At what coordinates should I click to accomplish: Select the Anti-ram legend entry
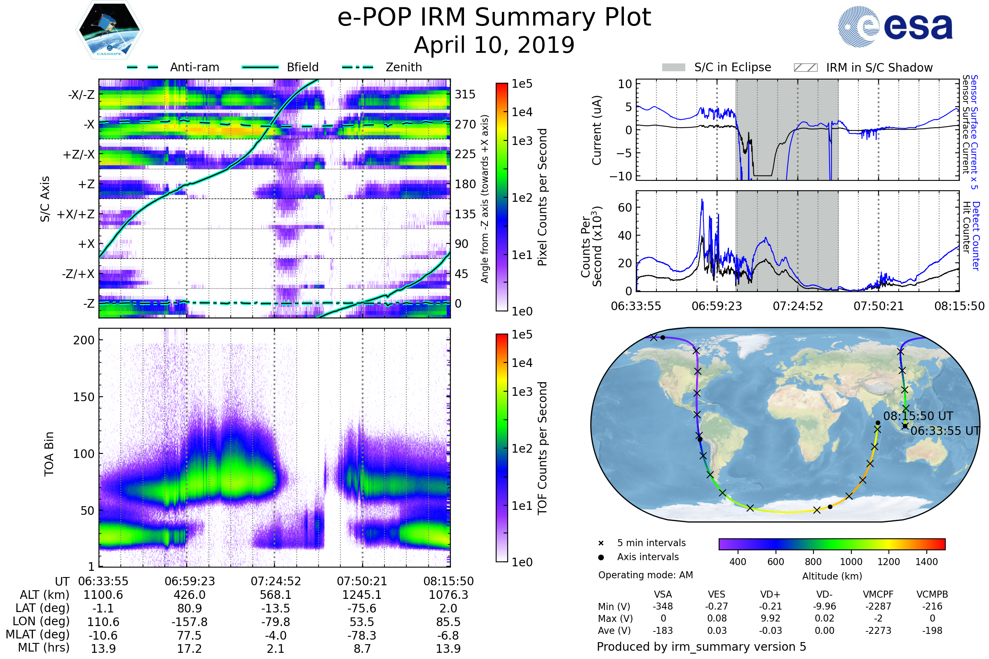[x=194, y=67]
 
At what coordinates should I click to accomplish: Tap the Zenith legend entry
[x=403, y=67]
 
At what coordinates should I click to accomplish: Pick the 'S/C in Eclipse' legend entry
[x=732, y=67]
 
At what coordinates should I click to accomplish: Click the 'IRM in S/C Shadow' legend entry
[x=879, y=68]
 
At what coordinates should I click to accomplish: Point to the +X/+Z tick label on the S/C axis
[x=76, y=214]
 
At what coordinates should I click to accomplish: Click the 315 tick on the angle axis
[x=465, y=94]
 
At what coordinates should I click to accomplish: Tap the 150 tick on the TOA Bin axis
[x=84, y=397]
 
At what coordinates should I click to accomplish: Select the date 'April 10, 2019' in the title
[x=494, y=45]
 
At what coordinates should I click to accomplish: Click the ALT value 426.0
[x=189, y=595]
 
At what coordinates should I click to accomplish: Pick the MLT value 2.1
[x=275, y=648]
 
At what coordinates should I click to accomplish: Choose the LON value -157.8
[x=189, y=622]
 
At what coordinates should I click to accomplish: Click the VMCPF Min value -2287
[x=878, y=606]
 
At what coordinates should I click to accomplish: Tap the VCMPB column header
[x=932, y=594]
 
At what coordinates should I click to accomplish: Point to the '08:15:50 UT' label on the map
[x=918, y=416]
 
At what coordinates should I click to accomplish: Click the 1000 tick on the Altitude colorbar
[x=851, y=562]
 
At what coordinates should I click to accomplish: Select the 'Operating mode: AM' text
[x=645, y=575]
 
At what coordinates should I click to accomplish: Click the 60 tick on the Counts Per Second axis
[x=624, y=207]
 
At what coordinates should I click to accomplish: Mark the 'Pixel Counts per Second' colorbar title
[x=542, y=197]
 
